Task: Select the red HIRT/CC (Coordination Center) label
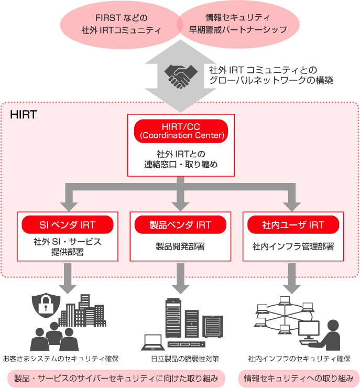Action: [181, 131]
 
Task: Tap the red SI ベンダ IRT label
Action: [67, 225]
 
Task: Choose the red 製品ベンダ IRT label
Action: [180, 225]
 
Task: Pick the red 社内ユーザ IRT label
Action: [293, 225]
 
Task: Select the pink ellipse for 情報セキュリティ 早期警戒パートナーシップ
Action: [238, 24]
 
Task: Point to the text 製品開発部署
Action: [180, 246]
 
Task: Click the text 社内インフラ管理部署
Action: [293, 246]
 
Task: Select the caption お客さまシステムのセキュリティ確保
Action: [61, 359]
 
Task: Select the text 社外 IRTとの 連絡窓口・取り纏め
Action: [181, 159]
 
